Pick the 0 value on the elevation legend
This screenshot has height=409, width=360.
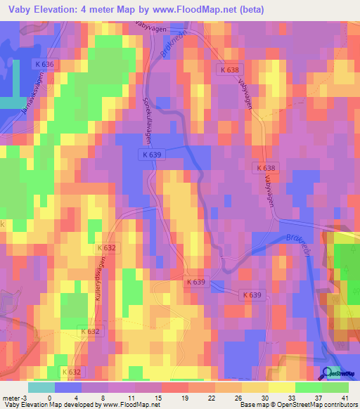pos(49,397)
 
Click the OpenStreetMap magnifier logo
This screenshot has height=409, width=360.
pos(328,373)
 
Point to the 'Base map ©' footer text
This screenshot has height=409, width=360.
pos(257,405)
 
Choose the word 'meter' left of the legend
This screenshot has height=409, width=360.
pos(11,397)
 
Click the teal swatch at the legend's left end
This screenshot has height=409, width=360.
pos(41,387)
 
